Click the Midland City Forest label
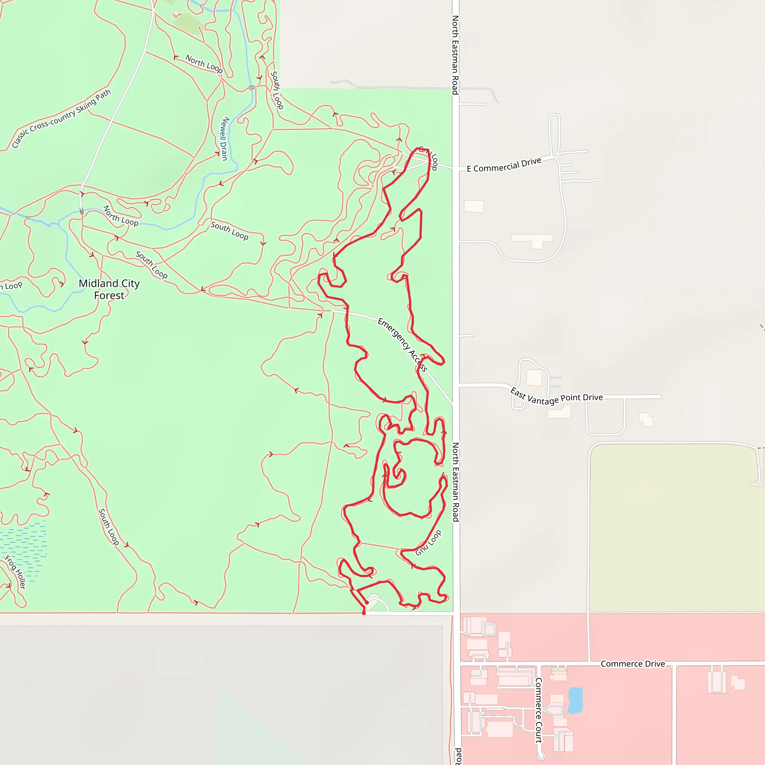109,289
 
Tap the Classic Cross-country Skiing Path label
61,118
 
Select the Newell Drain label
224,139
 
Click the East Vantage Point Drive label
556,397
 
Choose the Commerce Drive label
632,664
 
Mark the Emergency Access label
402,345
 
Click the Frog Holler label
15,572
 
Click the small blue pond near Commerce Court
575,700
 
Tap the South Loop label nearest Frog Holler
108,527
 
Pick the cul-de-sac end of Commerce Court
542,756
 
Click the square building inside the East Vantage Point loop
534,377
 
